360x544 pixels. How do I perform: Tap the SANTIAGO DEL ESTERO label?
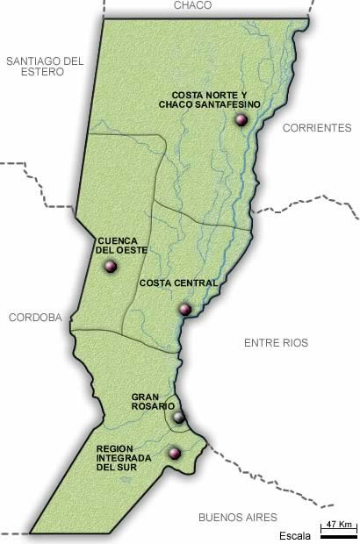coord(44,67)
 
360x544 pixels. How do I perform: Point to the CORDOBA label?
coord(34,319)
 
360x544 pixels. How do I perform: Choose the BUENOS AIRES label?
coord(237,518)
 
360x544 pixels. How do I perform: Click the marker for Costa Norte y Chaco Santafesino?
coord(242,121)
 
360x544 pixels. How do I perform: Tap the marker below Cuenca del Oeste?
coord(109,268)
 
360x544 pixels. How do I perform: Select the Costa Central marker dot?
coord(184,309)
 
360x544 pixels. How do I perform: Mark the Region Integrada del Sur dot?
coord(174,454)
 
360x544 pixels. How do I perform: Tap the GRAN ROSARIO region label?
coord(155,401)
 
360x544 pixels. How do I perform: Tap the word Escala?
coord(295,534)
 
